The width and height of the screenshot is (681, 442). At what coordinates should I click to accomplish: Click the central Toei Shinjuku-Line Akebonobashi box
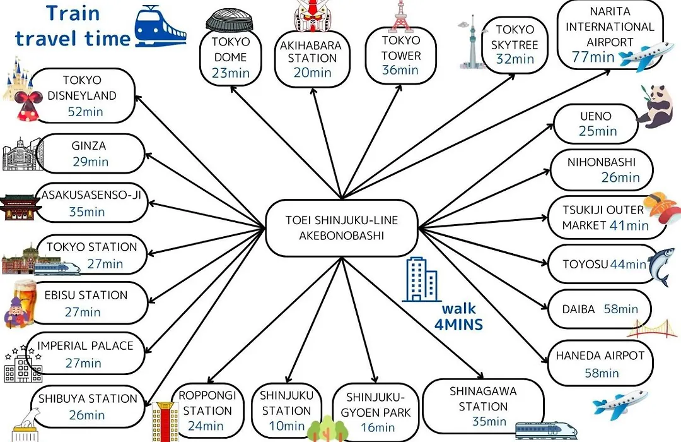tap(342, 228)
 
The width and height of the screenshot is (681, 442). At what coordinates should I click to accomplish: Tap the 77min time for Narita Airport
tap(593, 57)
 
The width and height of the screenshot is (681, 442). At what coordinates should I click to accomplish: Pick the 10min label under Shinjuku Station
tap(287, 426)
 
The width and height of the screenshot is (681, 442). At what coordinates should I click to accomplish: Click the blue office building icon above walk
tap(421, 279)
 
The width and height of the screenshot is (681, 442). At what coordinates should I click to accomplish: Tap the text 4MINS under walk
tap(458, 325)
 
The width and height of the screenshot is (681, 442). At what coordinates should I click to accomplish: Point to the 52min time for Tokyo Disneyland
tap(86, 112)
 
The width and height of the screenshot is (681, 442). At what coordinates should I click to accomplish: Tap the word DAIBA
tap(578, 309)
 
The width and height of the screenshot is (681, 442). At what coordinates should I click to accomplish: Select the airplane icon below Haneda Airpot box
tap(620, 404)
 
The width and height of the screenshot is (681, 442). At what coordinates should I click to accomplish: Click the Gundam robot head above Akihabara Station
tap(312, 16)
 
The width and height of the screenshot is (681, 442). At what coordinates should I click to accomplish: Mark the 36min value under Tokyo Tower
tap(400, 70)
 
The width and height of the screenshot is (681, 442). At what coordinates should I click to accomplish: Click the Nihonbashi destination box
tap(602, 170)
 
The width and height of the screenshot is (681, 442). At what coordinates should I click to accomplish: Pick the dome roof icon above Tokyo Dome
tap(230, 20)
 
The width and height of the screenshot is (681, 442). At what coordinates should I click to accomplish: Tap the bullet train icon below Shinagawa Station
tap(546, 430)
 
